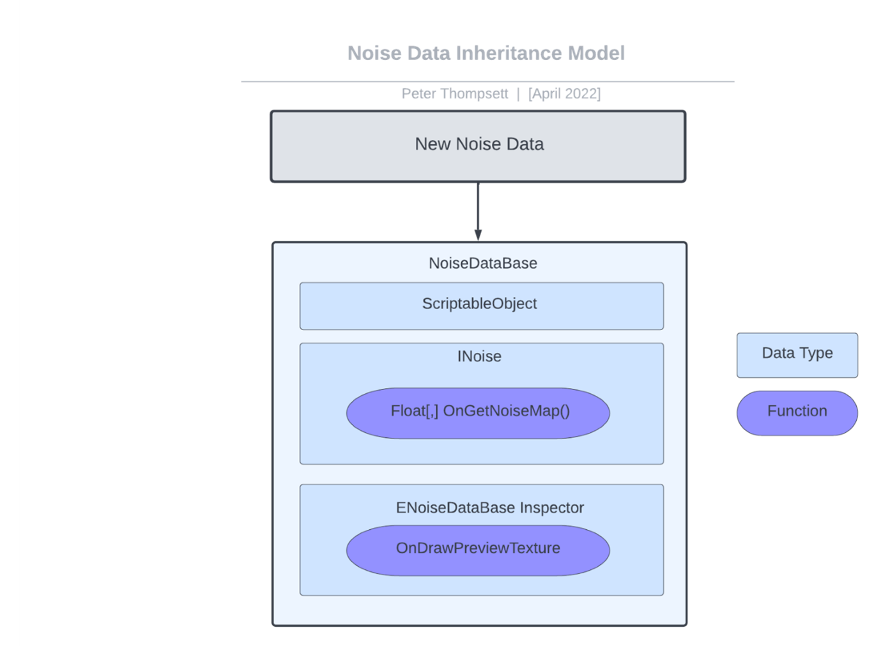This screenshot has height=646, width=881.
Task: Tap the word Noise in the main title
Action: (374, 53)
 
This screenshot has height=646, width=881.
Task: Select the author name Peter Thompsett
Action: (454, 94)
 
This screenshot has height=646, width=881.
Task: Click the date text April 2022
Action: (564, 94)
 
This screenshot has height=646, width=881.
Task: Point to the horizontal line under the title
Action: (487, 82)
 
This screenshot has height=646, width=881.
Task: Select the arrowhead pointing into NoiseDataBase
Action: (478, 235)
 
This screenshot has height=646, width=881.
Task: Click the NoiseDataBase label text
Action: (482, 263)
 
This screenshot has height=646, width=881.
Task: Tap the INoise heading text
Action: (479, 356)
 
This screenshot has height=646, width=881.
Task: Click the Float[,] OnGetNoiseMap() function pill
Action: (478, 413)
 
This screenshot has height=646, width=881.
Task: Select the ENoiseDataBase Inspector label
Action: (489, 507)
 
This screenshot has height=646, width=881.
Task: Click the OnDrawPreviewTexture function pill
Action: (478, 550)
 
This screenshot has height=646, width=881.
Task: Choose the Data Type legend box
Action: (797, 355)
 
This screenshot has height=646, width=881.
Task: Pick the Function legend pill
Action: (797, 413)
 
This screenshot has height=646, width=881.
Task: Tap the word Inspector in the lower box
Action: (551, 507)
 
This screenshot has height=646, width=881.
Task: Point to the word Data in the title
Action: (429, 53)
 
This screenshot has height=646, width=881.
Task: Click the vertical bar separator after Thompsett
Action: (518, 94)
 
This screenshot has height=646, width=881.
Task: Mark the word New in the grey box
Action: (433, 144)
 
